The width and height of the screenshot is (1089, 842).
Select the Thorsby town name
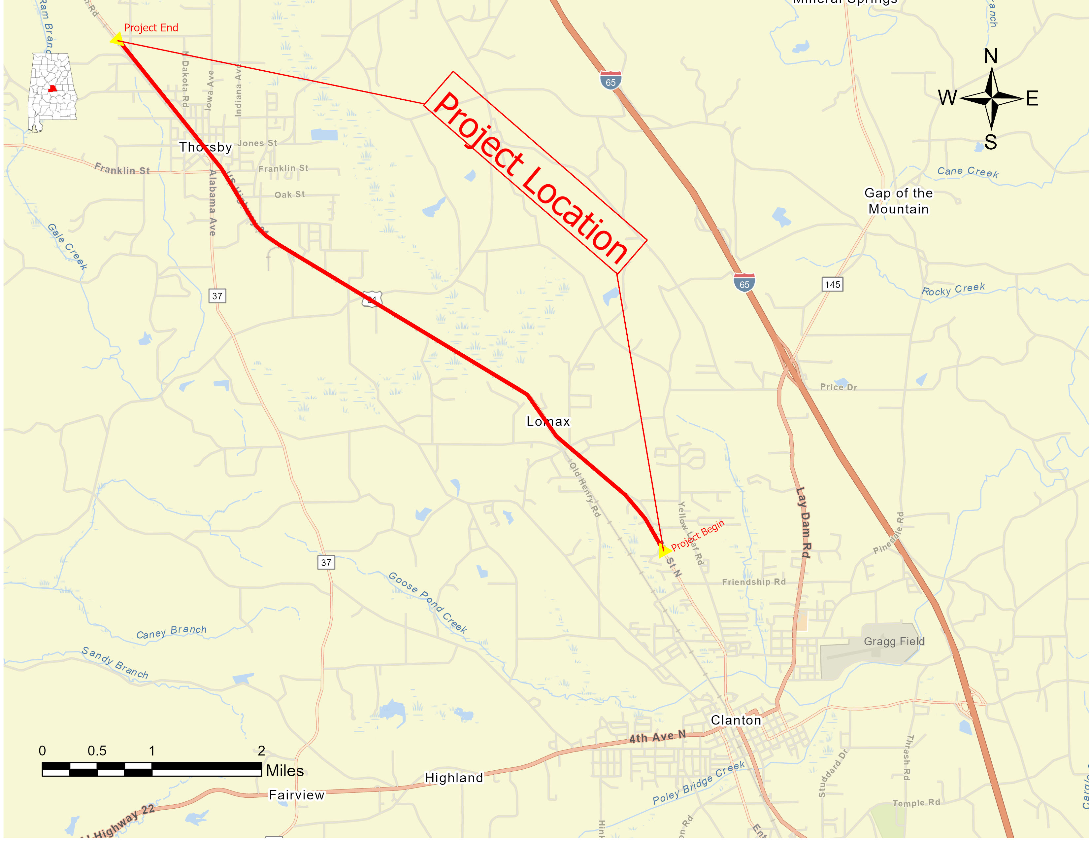[206, 147]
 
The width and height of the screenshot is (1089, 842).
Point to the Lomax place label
[548, 422]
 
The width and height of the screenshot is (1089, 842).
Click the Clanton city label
[736, 720]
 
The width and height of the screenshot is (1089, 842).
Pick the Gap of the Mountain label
[899, 201]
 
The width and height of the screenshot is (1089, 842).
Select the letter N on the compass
[991, 56]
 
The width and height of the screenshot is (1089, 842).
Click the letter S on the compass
[991, 142]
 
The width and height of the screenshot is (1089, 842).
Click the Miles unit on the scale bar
[285, 771]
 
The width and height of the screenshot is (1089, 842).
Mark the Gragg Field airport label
[894, 642]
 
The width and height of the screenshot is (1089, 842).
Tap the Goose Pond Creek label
[428, 603]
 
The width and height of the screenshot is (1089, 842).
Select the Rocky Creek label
[953, 289]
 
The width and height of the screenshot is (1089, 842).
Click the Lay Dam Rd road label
[803, 522]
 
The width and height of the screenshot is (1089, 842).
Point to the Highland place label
[454, 778]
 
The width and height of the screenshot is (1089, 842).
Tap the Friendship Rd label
[753, 581]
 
